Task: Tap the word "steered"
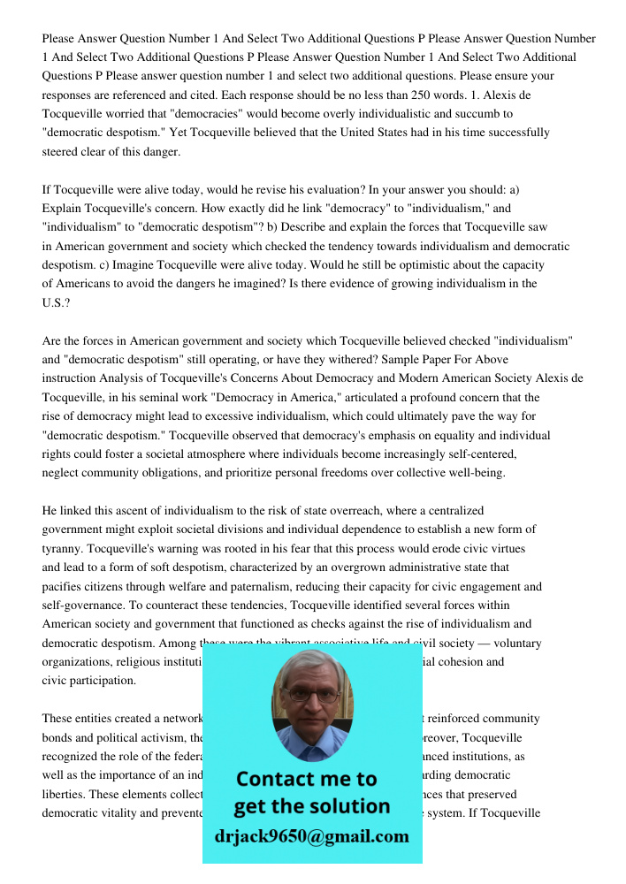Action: pyautogui.click(x=63, y=152)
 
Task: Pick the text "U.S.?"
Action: pyautogui.click(x=56, y=303)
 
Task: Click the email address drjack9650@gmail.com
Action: pyautogui.click(x=312, y=836)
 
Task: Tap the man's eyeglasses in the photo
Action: pyautogui.click(x=312, y=695)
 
